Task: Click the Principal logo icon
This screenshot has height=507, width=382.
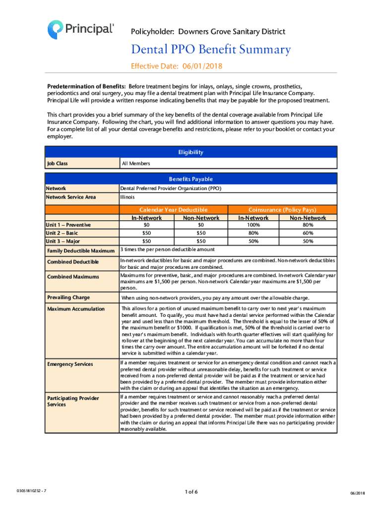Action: coord(56,29)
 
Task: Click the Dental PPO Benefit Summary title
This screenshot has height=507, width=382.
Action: coord(211,50)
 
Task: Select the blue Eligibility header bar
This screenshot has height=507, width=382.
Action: coord(191,152)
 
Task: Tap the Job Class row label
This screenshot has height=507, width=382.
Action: coord(57,163)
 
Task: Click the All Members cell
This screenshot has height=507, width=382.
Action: coord(136,163)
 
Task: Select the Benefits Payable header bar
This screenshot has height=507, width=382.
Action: coord(191,178)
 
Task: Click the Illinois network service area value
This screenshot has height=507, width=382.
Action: coord(127,197)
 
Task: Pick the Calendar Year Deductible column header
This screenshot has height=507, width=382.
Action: coord(173,210)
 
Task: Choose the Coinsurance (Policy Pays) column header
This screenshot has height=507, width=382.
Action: coord(282,210)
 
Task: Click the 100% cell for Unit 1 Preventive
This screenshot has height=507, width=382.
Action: coord(253,225)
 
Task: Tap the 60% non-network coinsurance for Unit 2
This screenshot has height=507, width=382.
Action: coord(308,233)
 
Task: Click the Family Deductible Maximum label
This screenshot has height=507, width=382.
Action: coord(81,251)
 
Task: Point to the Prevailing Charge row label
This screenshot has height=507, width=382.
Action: coord(68,298)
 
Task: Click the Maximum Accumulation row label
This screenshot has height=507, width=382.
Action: coord(76,309)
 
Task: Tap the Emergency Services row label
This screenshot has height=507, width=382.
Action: coord(70,364)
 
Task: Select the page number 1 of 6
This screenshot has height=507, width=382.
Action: coord(191,492)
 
